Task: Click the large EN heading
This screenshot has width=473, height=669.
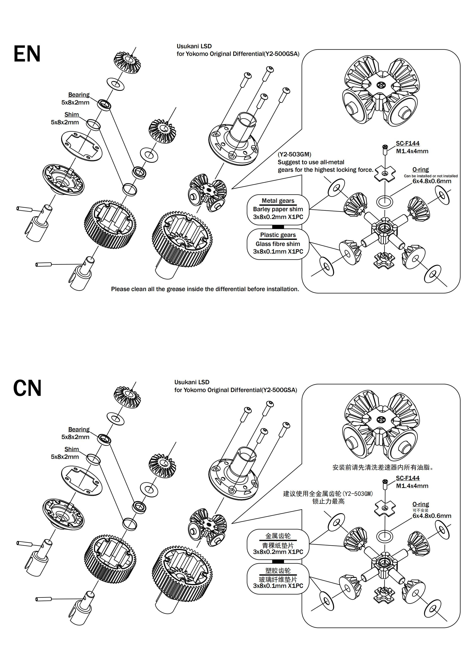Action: pyautogui.click(x=27, y=54)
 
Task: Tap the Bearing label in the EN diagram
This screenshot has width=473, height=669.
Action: pyautogui.click(x=79, y=95)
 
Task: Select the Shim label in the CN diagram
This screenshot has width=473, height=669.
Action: pyautogui.click(x=72, y=449)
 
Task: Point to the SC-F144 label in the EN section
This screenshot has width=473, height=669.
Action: pyautogui.click(x=408, y=143)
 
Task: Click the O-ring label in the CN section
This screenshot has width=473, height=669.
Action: pyautogui.click(x=421, y=504)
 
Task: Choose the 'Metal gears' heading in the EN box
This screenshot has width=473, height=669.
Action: pyautogui.click(x=278, y=201)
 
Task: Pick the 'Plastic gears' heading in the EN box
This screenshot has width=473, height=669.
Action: pyautogui.click(x=278, y=235)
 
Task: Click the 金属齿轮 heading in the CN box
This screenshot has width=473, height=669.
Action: pyautogui.click(x=278, y=536)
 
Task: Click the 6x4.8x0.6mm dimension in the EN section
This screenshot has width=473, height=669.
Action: pyautogui.click(x=432, y=181)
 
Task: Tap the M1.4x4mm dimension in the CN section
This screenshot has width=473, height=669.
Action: pyautogui.click(x=412, y=486)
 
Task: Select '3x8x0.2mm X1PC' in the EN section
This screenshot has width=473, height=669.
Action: pyautogui.click(x=278, y=217)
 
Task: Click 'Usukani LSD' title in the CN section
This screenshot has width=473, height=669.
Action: pyautogui.click(x=192, y=382)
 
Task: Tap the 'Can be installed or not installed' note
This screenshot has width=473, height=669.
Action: pyautogui.click(x=431, y=176)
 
